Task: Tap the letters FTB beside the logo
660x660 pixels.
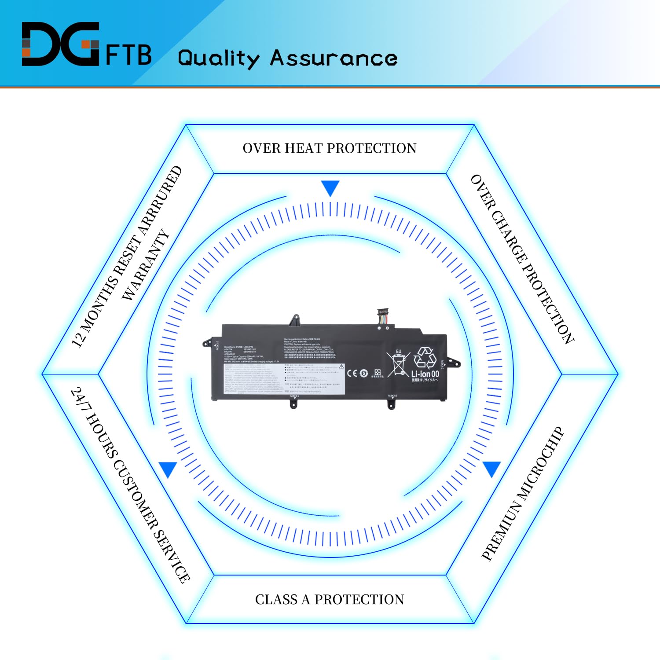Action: pyautogui.click(x=129, y=55)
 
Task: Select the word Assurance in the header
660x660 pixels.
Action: pyautogui.click(x=334, y=58)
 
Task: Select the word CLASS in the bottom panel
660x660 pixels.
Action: pyautogui.click(x=276, y=599)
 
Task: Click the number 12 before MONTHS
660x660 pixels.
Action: pyautogui.click(x=77, y=339)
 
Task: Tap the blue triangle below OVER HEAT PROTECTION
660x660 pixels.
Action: pyautogui.click(x=330, y=188)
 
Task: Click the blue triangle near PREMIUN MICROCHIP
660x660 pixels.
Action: pyautogui.click(x=491, y=469)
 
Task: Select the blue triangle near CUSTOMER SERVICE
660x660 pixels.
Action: pyautogui.click(x=168, y=469)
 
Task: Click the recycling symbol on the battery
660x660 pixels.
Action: pyautogui.click(x=425, y=357)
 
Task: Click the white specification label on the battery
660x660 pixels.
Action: pyautogui.click(x=284, y=378)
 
